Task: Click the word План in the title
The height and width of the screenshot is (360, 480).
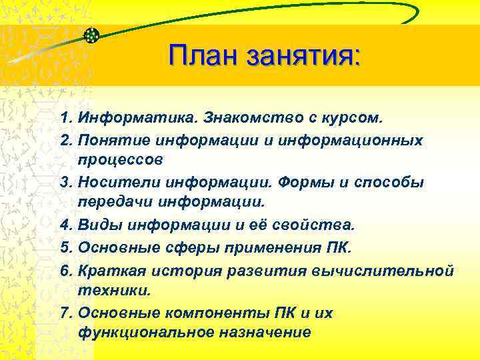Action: point(204,55)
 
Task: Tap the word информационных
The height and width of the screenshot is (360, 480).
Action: point(364,140)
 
